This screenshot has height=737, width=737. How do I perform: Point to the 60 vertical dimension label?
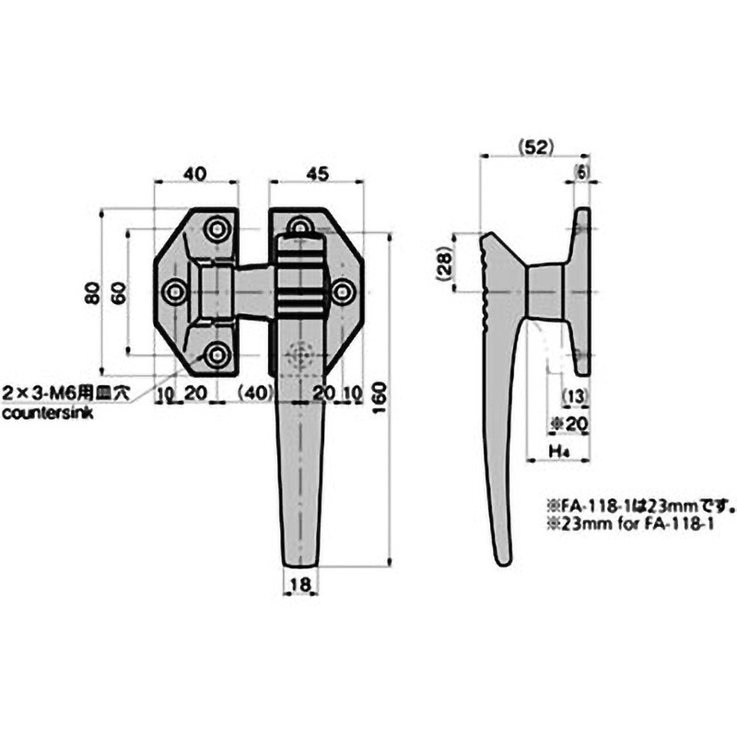[117, 292]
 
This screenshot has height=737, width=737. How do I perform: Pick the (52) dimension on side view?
[535, 146]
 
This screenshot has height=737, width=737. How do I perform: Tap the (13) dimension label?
[575, 395]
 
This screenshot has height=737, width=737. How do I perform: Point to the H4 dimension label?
[557, 450]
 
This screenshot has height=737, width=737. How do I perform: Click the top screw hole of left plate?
[217, 228]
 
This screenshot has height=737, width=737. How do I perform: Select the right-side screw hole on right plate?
[343, 291]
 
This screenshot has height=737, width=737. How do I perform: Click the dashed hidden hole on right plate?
[300, 355]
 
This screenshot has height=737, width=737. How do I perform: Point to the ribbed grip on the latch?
[301, 274]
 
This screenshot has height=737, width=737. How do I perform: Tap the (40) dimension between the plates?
[254, 393]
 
